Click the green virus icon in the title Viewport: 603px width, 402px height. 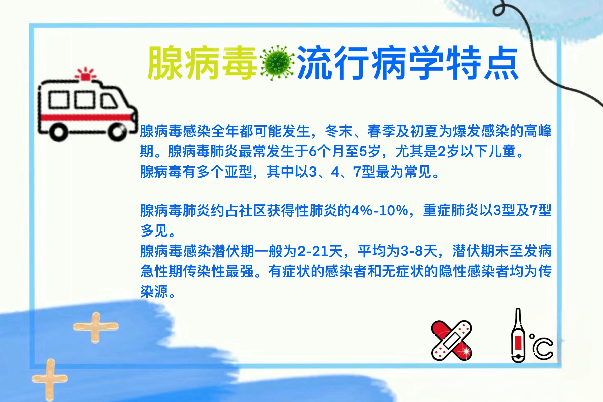click(x=277, y=63)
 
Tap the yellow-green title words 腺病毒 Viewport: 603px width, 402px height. click(x=202, y=63)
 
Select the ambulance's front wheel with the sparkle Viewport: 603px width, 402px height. click(x=118, y=132)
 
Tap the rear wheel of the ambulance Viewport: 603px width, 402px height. click(x=59, y=132)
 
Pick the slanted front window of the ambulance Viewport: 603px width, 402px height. click(x=109, y=100)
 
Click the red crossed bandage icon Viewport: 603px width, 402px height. click(x=452, y=340)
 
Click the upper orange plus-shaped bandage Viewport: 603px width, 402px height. click(x=96, y=327)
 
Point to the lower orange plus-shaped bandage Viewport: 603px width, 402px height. click(x=50, y=379)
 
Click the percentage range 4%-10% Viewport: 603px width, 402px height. click(x=379, y=211)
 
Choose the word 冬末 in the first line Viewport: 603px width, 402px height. click(x=339, y=131)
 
